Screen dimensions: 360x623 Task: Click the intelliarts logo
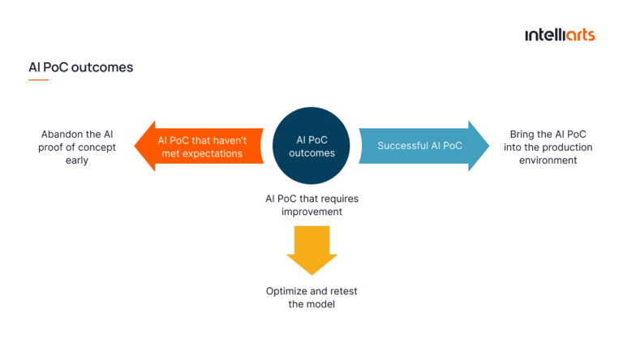coord(559,35)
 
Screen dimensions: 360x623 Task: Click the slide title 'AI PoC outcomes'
coord(80,67)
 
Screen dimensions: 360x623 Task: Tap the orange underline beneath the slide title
coord(38,80)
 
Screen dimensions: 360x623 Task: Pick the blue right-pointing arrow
coord(422,146)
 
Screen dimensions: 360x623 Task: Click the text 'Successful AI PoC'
coord(419,146)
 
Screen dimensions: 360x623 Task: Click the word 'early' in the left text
coord(78,161)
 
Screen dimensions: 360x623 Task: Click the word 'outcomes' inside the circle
coord(311,152)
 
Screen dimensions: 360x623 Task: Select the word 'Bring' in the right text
coord(523,135)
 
